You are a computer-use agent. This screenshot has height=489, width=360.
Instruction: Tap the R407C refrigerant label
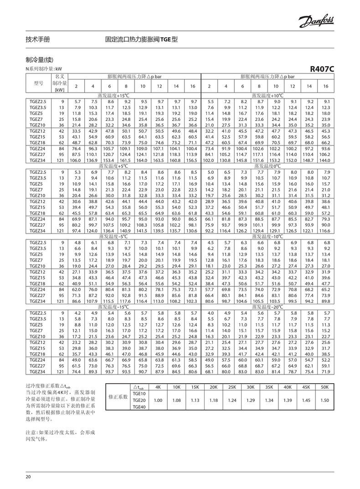click(x=322, y=69)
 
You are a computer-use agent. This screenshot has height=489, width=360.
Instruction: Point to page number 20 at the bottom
click(x=28, y=477)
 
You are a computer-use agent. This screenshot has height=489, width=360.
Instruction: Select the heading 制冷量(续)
click(x=40, y=60)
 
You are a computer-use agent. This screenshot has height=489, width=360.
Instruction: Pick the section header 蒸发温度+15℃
click(x=118, y=96)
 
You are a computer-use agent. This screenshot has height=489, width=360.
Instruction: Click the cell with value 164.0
click(x=143, y=160)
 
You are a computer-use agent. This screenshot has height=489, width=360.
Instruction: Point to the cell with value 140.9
click(x=126, y=231)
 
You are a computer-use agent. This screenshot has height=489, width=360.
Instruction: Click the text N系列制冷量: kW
click(x=44, y=68)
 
